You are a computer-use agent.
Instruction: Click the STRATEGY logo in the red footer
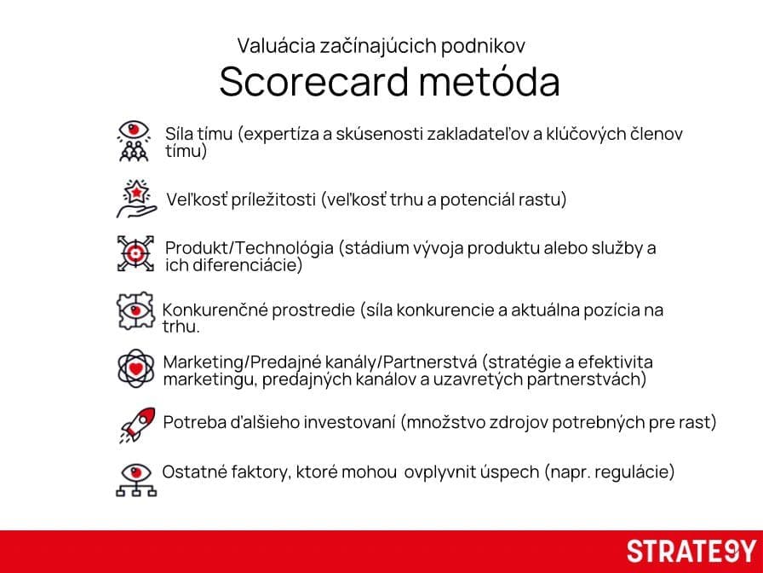[x=691, y=551]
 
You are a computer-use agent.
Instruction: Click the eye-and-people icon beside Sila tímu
[x=134, y=142]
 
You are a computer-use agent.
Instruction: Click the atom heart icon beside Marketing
[x=135, y=368]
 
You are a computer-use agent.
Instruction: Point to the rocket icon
[x=135, y=424]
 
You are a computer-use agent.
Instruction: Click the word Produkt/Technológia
[x=249, y=248]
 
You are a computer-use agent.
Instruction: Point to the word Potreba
[x=192, y=421]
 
